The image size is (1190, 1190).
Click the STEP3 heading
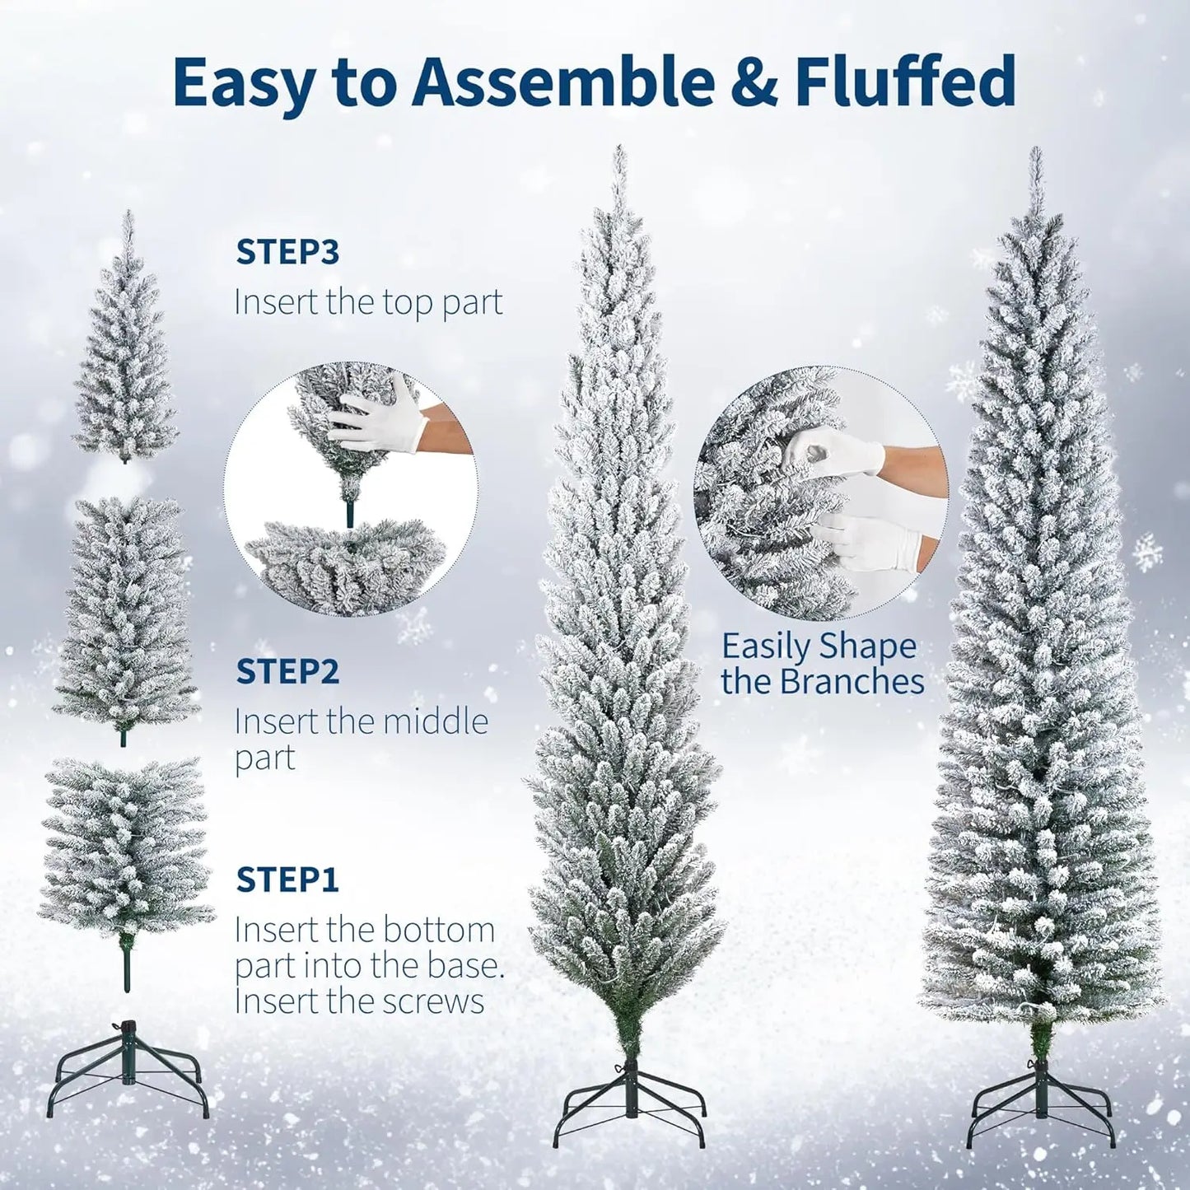coord(287,253)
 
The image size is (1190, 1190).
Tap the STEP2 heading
coord(287,671)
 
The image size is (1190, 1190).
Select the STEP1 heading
coord(287,880)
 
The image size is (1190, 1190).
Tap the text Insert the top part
coord(368,302)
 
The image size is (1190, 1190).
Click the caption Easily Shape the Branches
coord(822,664)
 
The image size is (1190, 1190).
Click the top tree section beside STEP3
coord(125,362)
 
